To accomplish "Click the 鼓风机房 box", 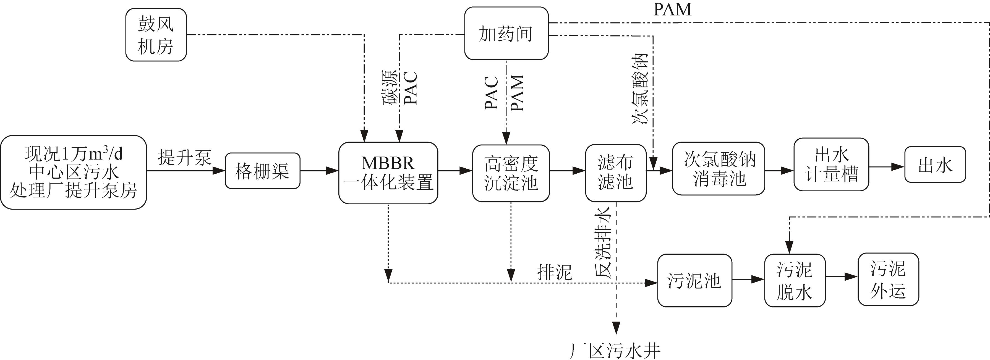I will point(156,35).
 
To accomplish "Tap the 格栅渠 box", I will point(262,171).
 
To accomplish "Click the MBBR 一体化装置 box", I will point(388,173).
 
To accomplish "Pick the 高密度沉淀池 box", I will point(511,173).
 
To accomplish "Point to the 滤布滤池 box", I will point(615,173).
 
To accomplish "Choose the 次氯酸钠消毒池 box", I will point(718,169).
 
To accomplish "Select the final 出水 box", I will point(935,165).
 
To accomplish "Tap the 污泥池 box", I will point(694,280).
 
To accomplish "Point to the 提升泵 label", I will point(184,157).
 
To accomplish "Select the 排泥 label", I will point(554,272).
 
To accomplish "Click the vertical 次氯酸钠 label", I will point(640,89).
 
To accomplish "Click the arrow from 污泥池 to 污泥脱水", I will point(748,280).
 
